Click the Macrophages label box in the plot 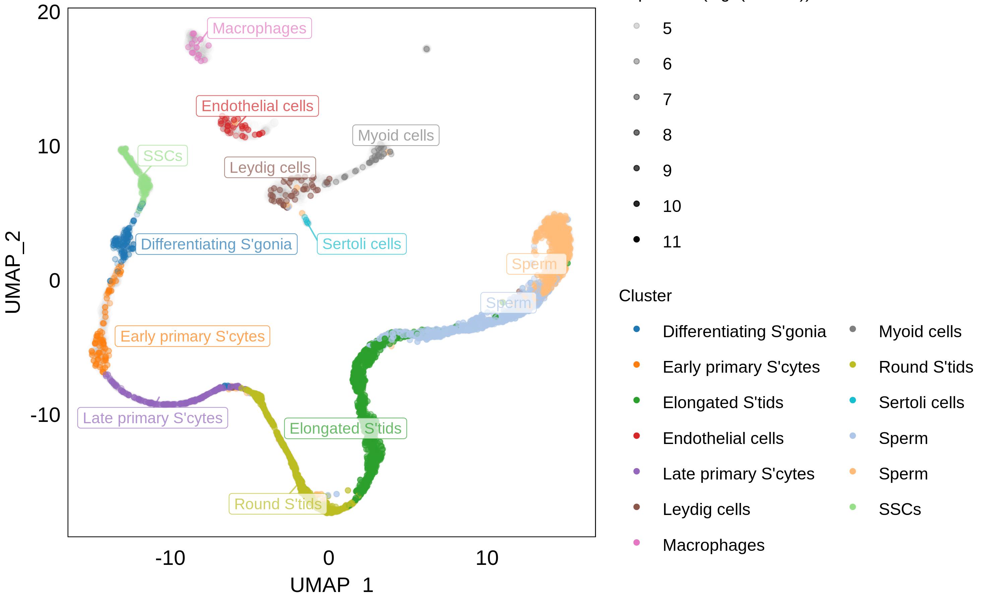(259, 28)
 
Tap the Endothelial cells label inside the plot (257, 106)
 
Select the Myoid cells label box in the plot (395, 136)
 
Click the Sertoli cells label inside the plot (361, 244)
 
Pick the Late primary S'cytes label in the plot (152, 418)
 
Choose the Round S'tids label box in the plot (278, 504)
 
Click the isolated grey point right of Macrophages (426, 49)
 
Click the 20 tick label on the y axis (49, 13)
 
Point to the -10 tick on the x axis (170, 558)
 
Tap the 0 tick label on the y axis (54, 281)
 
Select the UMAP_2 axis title (13, 272)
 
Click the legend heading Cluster (645, 296)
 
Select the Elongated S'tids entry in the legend (723, 403)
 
